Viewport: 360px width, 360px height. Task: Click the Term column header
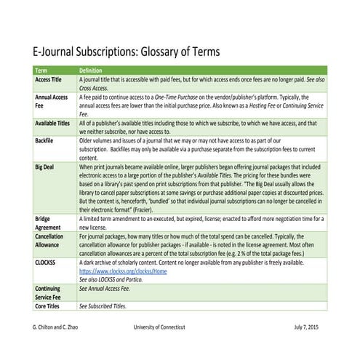pos(43,70)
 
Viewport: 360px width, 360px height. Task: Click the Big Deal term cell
pos(46,167)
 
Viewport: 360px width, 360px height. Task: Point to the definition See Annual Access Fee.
pos(108,288)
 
